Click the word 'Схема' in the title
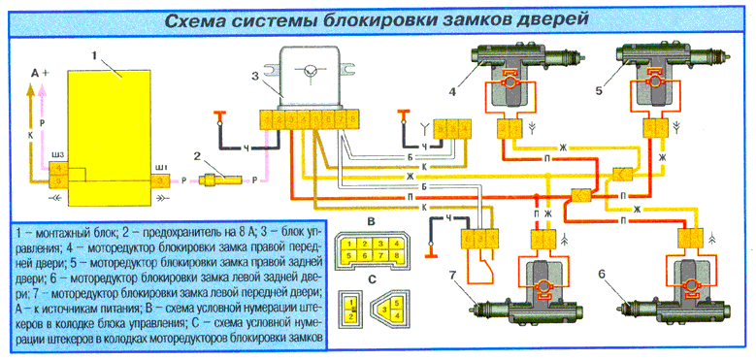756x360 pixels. coord(196,18)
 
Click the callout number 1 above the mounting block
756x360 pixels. coord(95,57)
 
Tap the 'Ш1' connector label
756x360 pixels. coord(161,166)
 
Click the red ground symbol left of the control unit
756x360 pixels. coord(219,115)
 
